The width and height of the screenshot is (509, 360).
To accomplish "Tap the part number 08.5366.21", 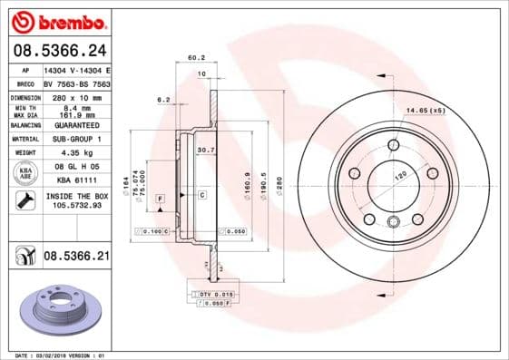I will point(76,257).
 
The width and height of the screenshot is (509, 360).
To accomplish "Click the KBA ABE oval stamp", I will point(25,173).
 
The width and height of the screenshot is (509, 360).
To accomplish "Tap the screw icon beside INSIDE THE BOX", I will point(25,200).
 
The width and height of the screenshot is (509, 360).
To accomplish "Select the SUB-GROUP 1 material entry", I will point(73,139).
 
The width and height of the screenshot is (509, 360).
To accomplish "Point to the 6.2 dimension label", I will point(164,100).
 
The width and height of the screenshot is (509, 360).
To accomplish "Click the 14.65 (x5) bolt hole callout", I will point(425,110).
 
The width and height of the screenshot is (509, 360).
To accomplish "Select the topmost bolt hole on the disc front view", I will point(393,145).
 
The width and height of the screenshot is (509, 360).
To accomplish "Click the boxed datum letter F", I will point(161,197).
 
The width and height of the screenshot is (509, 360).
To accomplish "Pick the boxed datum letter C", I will point(201,195).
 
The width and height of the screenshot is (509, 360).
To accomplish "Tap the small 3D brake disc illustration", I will point(57,310).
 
